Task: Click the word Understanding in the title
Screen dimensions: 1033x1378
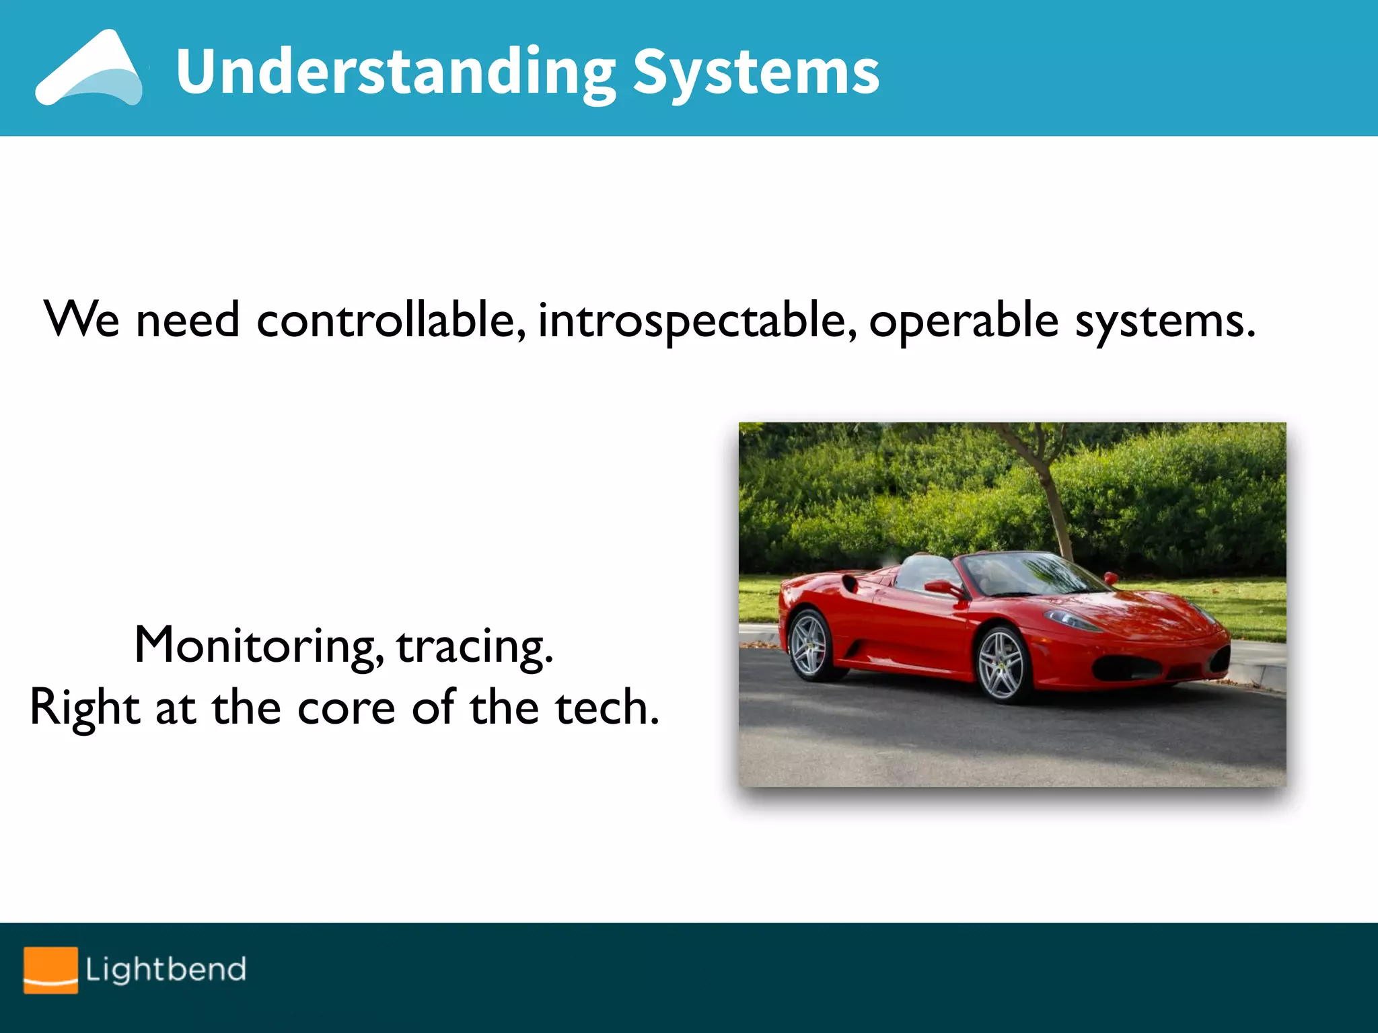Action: pos(396,73)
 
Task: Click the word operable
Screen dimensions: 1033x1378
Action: pos(964,320)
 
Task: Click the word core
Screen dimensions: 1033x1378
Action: pos(346,708)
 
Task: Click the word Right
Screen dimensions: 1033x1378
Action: pos(85,708)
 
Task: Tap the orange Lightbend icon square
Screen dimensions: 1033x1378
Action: pos(50,970)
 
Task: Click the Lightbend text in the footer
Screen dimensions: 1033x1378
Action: pos(166,970)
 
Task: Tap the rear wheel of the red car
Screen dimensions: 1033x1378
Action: pos(809,644)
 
